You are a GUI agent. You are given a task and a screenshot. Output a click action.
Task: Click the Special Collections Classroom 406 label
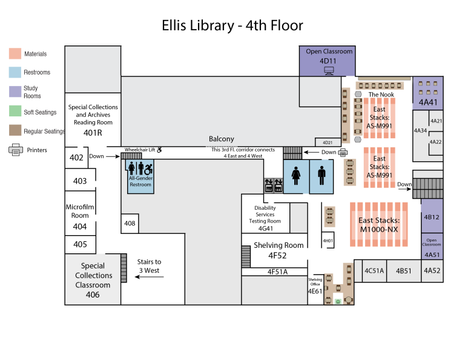[93, 280]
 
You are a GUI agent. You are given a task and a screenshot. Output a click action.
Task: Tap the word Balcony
[222, 139]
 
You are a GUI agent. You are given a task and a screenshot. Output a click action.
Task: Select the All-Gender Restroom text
[140, 181]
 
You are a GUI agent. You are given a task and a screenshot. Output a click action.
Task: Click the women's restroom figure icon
[296, 176]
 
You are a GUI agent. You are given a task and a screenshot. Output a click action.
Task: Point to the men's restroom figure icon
[322, 176]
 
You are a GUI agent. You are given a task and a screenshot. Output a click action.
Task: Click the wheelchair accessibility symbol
[148, 168]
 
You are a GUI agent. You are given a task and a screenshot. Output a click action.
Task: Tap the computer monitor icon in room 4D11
[329, 70]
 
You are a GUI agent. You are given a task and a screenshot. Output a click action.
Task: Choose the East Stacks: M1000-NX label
[379, 225]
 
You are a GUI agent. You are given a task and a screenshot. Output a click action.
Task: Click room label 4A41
[428, 102]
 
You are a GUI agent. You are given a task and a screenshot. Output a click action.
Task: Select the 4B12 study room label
[432, 217]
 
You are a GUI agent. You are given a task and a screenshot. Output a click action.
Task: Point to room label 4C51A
[374, 271]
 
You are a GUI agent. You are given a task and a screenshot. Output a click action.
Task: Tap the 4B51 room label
[404, 271]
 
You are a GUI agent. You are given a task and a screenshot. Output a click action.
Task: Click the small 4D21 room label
[327, 142]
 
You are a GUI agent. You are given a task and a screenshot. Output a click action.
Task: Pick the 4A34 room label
[420, 130]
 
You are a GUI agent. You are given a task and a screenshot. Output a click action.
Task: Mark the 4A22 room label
[435, 142]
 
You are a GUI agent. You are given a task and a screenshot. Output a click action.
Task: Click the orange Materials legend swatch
[15, 54]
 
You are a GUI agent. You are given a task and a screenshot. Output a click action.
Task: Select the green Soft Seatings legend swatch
[15, 112]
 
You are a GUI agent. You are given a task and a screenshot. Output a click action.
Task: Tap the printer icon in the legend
[16, 149]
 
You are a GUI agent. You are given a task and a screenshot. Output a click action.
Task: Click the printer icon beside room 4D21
[343, 152]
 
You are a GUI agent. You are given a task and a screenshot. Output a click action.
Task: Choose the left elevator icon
[268, 185]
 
